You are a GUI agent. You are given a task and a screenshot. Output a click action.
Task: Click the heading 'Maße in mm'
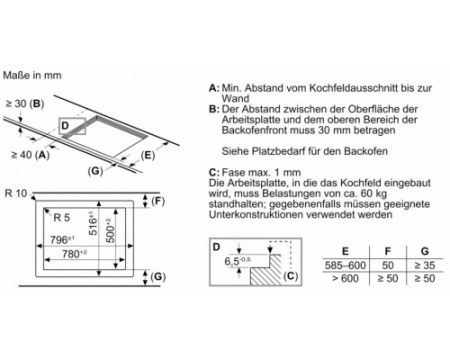pos(32,75)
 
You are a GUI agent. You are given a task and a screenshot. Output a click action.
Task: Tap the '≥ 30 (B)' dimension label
pos(25,104)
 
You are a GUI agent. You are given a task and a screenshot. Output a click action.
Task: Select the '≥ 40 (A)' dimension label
pos(30,155)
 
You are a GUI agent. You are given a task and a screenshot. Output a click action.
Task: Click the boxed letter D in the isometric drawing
pos(65,126)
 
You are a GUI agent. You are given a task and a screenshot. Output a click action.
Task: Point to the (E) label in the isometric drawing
pos(148,155)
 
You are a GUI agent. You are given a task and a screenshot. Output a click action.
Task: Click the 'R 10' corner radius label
pos(16,193)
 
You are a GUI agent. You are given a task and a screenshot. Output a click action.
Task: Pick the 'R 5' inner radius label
pos(62,218)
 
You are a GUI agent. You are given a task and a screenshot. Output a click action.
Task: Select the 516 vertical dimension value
pos(93,223)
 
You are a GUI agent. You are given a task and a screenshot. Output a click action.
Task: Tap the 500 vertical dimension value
pos(110,230)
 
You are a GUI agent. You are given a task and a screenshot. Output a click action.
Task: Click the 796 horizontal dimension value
pos(62,240)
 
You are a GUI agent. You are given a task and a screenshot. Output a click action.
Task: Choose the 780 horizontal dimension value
pos(74,254)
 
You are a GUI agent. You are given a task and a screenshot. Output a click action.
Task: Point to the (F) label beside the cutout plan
pos(158,201)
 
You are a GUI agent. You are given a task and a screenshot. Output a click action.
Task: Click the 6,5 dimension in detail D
pos(238,261)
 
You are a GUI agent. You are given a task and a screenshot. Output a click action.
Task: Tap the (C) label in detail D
pos(290,276)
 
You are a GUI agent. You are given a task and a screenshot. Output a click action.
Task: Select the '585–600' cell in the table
pos(345,265)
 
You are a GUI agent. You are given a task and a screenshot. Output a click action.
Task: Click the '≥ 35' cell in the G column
pos(425,265)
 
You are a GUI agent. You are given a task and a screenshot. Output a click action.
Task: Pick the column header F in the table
pos(388,251)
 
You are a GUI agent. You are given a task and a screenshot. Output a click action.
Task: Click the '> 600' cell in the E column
pos(345,278)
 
